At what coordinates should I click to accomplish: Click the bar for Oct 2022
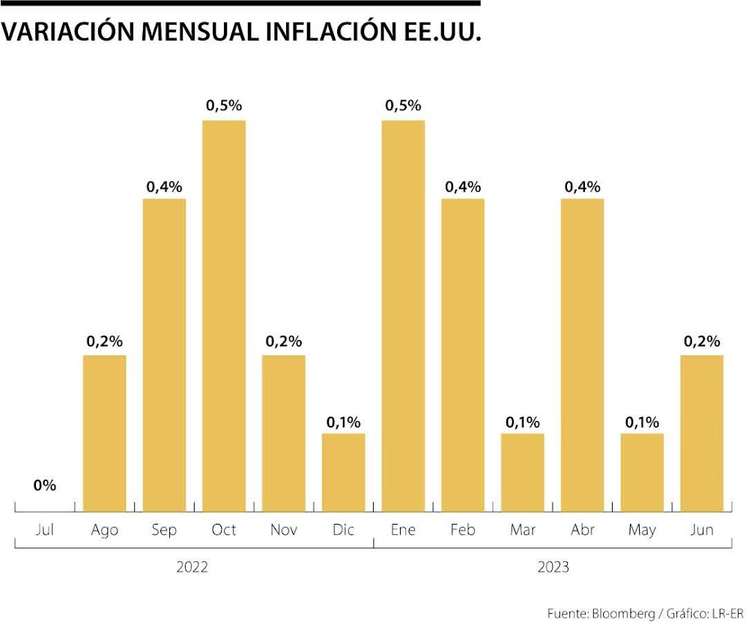pos(224,315)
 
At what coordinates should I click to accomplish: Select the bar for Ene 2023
pos(403,315)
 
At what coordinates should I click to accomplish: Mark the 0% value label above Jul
pos(45,486)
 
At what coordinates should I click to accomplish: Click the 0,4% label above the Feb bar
pos(463,186)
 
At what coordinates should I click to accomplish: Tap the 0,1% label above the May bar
pos(642,421)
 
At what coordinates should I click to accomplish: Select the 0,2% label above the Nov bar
pos(284,342)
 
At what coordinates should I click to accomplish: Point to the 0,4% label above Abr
pos(582,186)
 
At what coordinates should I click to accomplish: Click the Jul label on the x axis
pos(45,531)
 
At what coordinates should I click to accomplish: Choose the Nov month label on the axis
pos(284,531)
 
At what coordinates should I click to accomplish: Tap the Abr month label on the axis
pos(582,531)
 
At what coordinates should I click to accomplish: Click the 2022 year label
pos(192,567)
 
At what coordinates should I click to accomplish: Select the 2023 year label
pos(553,567)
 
